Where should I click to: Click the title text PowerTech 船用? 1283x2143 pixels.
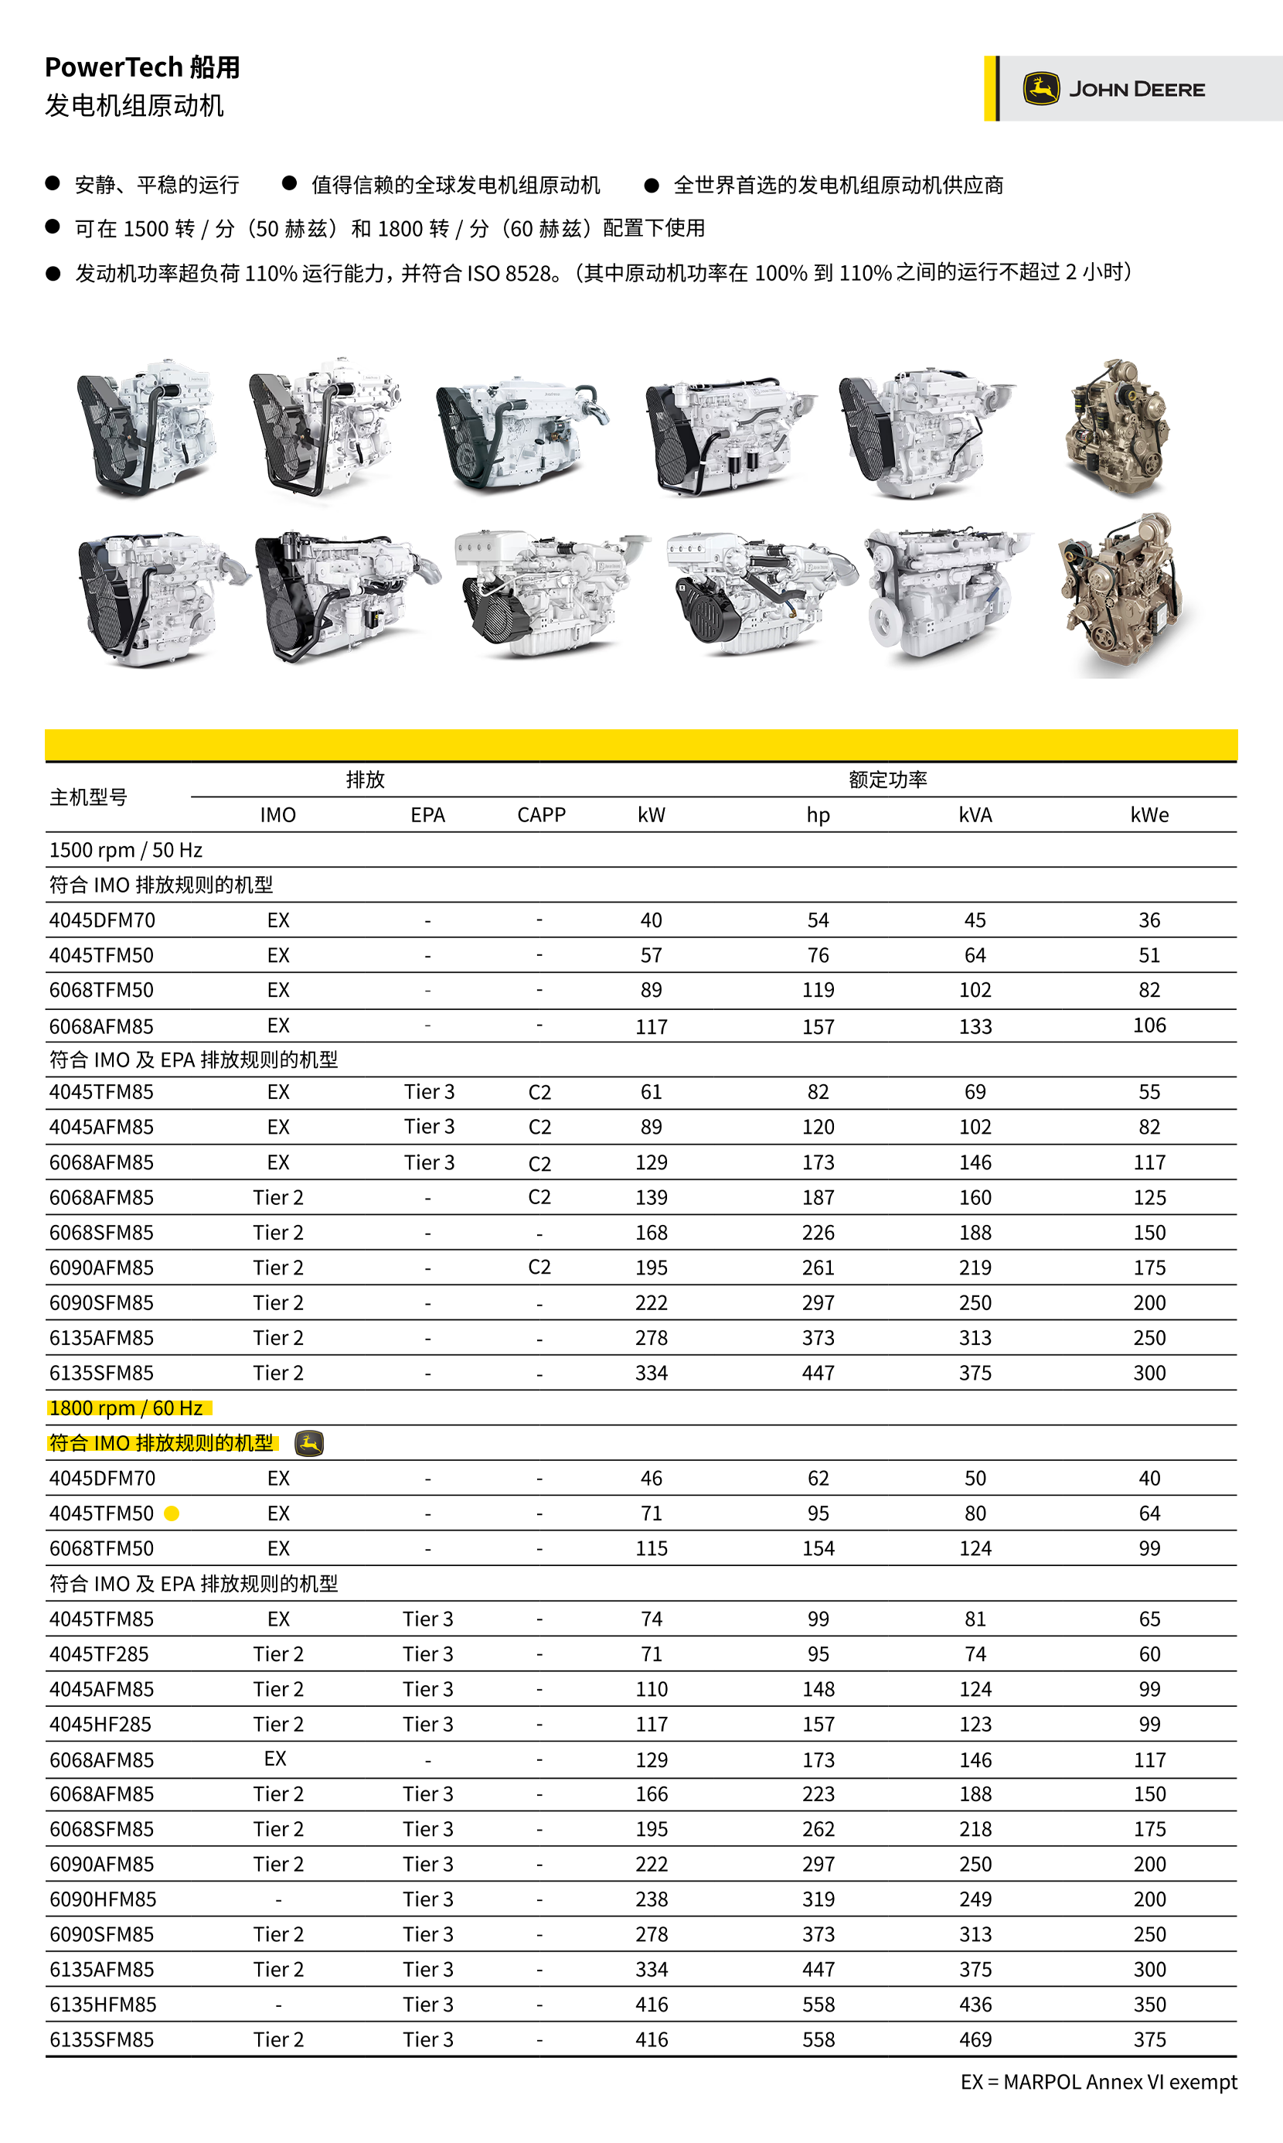[x=143, y=67]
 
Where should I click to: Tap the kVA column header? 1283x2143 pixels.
[x=975, y=814]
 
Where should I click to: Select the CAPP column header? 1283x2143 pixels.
[x=541, y=814]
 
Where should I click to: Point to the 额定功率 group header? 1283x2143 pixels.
[x=887, y=780]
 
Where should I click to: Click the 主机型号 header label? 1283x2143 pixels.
[x=88, y=797]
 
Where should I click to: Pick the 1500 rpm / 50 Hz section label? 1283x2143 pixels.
[x=126, y=850]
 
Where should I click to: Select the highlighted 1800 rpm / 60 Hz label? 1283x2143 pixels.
[x=126, y=1408]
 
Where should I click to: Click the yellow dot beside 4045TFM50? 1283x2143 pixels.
[x=172, y=1513]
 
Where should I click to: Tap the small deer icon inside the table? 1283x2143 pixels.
[x=308, y=1443]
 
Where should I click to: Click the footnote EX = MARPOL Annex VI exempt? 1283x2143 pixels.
[x=1098, y=2082]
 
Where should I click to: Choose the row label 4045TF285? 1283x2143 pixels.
[x=100, y=1653]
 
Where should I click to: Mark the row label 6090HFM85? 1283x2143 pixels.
[x=103, y=1899]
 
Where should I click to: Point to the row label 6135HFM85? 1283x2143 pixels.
[x=103, y=2004]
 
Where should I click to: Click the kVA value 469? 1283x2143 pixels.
[x=975, y=2039]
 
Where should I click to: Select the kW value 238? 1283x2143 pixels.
[x=651, y=1899]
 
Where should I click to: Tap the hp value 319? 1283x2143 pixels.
[x=818, y=1899]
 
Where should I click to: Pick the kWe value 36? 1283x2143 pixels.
[x=1149, y=920]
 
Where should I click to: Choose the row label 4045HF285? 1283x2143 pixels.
[x=100, y=1724]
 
